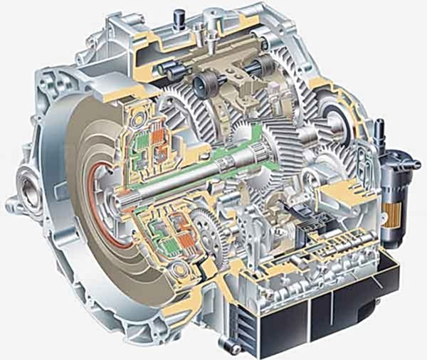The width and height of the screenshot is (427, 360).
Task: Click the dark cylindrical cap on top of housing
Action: coord(177,14)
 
